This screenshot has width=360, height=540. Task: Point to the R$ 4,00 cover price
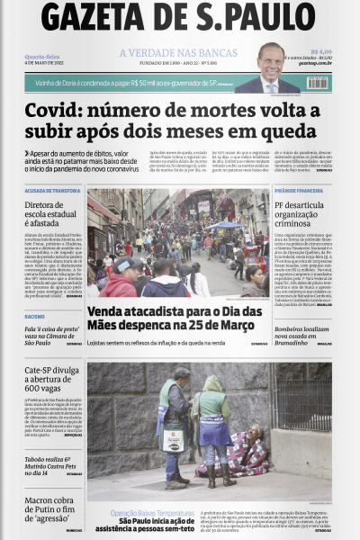tap(321, 51)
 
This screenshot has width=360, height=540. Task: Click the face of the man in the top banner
tap(271, 56)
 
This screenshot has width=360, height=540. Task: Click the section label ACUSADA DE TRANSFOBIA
tap(52, 191)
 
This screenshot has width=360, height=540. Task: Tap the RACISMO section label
tap(35, 317)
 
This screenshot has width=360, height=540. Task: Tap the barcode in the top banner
tap(318, 82)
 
